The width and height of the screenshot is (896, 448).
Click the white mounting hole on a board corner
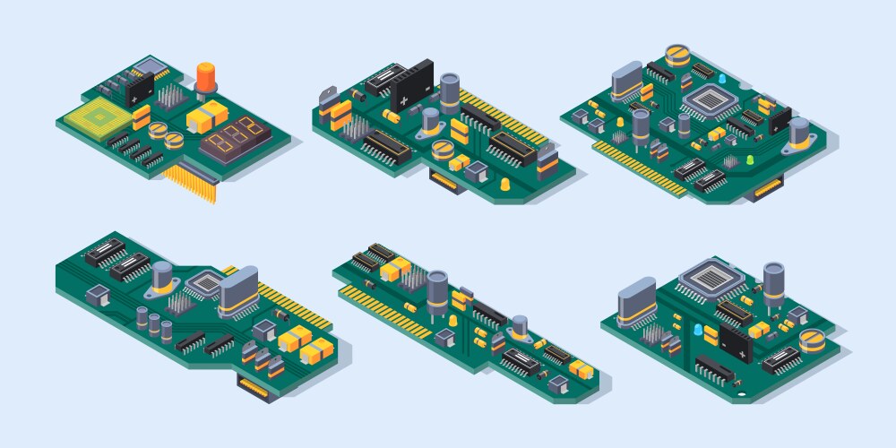[x=741, y=395]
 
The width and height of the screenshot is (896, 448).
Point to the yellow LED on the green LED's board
[x=618, y=121]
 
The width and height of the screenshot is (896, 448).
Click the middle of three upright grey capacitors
[x=154, y=321]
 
